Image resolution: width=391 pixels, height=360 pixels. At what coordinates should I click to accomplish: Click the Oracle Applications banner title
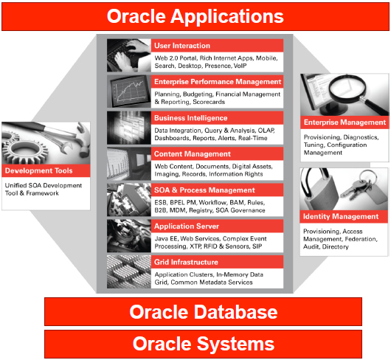pyautogui.click(x=195, y=16)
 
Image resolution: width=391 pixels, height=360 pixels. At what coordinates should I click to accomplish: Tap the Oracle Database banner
pyautogui.click(x=203, y=311)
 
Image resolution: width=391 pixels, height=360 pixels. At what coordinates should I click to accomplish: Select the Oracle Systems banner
pyautogui.click(x=203, y=344)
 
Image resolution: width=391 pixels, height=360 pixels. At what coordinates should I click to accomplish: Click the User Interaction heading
pyautogui.click(x=182, y=46)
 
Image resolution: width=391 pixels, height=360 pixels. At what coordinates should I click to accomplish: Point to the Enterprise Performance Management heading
pyautogui.click(x=218, y=82)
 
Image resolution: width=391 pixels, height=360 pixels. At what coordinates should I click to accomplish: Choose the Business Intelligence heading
pyautogui.click(x=191, y=118)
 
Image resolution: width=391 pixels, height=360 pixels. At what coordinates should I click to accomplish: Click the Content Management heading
pyautogui.click(x=193, y=154)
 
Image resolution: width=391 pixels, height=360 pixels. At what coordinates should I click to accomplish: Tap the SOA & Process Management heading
pyautogui.click(x=204, y=190)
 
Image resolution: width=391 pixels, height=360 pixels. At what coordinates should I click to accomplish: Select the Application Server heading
pyautogui.click(x=187, y=226)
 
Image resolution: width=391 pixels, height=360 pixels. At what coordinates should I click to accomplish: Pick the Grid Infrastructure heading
pyautogui.click(x=186, y=262)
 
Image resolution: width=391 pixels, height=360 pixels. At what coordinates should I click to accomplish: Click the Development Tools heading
pyautogui.click(x=38, y=170)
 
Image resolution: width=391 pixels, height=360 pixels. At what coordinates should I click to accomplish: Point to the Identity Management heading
pyautogui.click(x=341, y=216)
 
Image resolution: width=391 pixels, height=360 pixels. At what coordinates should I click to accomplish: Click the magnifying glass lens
pyautogui.click(x=347, y=86)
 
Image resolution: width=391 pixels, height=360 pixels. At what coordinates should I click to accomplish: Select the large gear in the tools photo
pyautogui.click(x=26, y=150)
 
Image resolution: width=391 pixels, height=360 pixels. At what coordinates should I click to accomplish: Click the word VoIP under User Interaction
pyautogui.click(x=240, y=66)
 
